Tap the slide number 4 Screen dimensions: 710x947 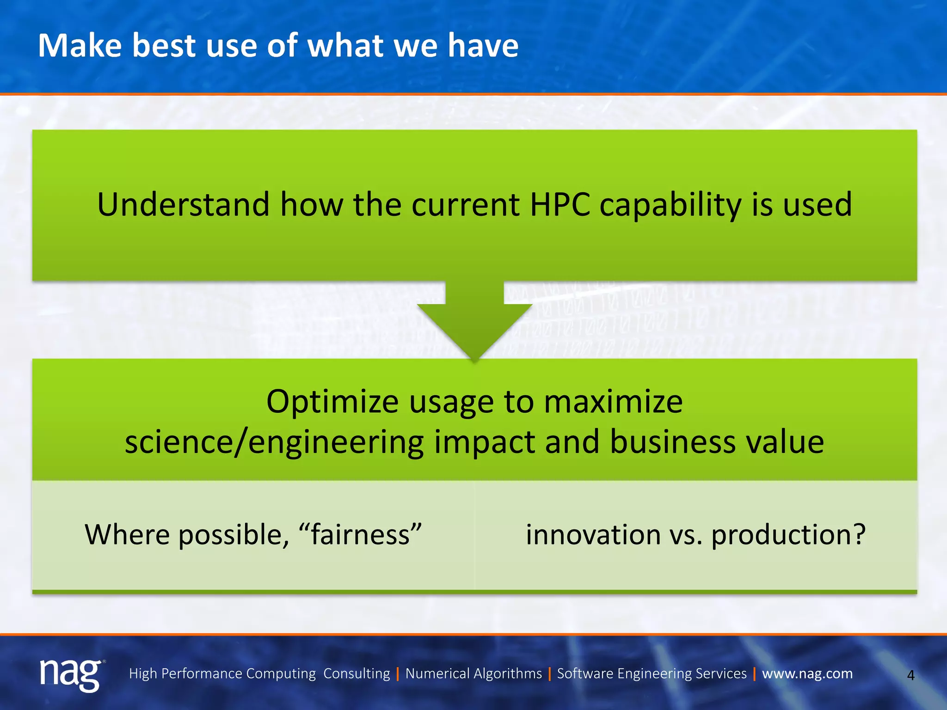[910, 675]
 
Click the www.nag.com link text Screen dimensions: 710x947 [807, 673]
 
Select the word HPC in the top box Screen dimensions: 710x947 [560, 204]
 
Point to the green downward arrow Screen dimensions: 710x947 [474, 324]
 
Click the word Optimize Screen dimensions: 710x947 [332, 402]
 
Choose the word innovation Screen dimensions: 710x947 [593, 534]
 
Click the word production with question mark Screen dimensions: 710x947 [788, 535]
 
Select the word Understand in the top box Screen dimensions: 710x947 [183, 204]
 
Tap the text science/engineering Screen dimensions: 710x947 [274, 442]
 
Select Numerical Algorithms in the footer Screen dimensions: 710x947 [473, 673]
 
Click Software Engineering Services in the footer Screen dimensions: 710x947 [652, 673]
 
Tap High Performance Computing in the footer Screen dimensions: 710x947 [222, 673]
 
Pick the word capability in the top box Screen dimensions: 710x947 [670, 205]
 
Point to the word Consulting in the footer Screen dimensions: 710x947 [357, 673]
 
